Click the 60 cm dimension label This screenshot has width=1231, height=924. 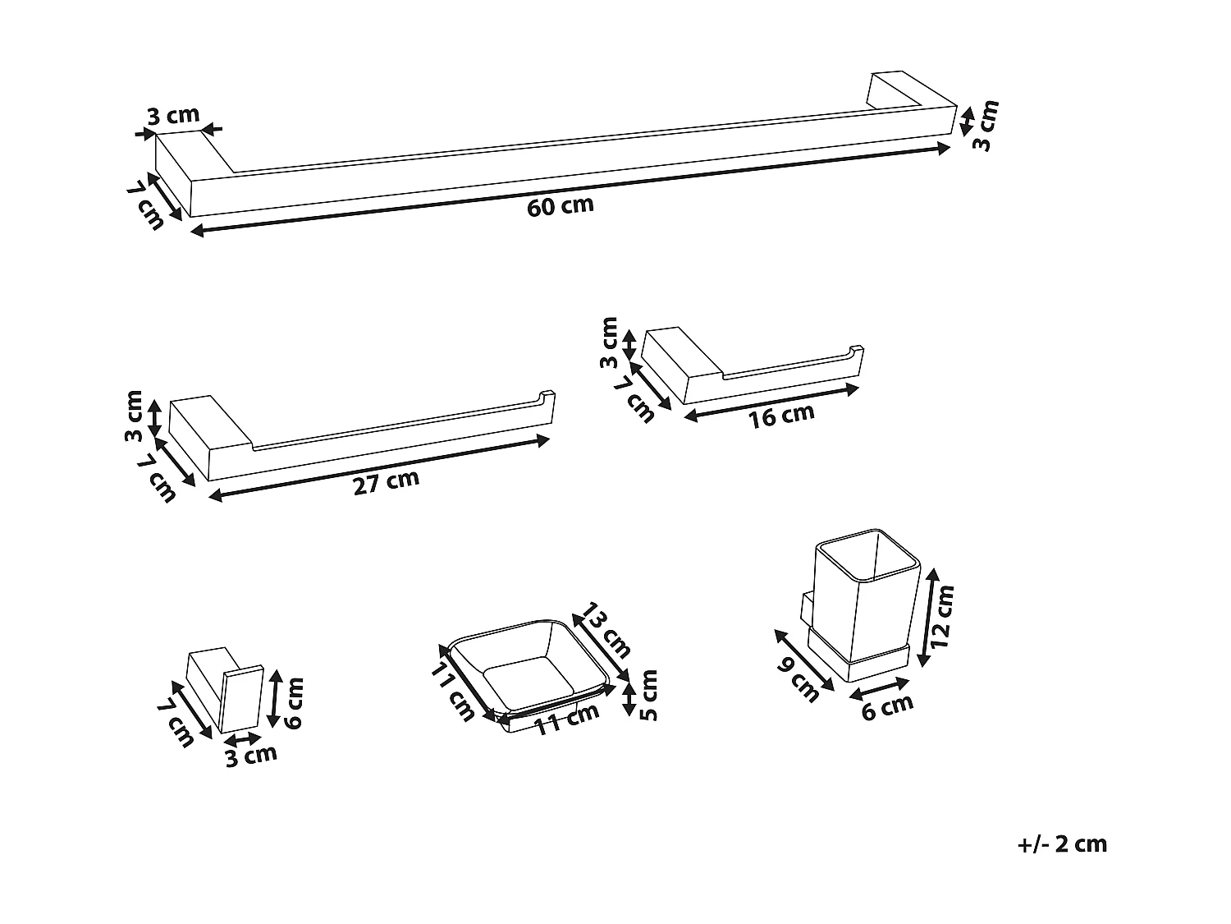pyautogui.click(x=560, y=205)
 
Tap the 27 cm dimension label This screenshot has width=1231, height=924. pyautogui.click(x=386, y=482)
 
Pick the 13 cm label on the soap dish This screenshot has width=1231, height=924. pyautogui.click(x=606, y=631)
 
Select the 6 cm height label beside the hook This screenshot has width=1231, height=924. pyautogui.click(x=294, y=702)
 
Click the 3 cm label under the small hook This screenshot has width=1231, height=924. pyautogui.click(x=251, y=755)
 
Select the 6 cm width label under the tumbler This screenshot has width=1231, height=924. pyautogui.click(x=887, y=706)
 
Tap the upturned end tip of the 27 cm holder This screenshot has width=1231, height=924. pyautogui.click(x=547, y=397)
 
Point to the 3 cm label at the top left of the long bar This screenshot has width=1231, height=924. pyautogui.click(x=173, y=116)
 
